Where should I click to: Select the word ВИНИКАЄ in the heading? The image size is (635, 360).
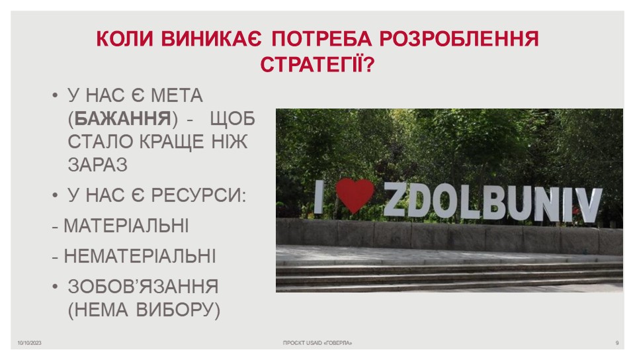coord(212,39)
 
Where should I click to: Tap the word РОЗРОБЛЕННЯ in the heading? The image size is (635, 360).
coord(459,39)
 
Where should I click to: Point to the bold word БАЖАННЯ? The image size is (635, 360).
coord(123,118)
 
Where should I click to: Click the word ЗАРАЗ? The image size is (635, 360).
coord(98,164)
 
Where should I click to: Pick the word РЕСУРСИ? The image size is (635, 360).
coord(198,195)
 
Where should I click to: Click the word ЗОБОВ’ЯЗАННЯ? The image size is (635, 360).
coord(143,287)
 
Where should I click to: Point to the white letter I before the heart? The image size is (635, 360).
coord(319,197)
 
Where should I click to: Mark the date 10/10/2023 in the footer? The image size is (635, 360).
coord(29,343)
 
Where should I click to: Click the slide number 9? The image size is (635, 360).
coord(617,343)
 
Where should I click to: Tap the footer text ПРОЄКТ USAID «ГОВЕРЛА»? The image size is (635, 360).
coord(317,343)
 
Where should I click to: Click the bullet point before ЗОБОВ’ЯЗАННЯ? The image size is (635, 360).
coord(56,287)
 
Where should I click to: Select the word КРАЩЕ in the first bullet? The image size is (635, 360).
coord(172,142)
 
